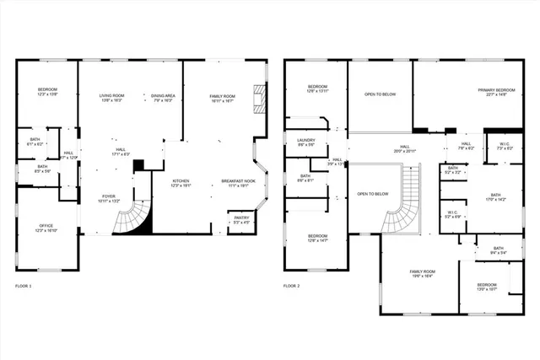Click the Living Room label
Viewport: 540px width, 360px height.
point(111,96)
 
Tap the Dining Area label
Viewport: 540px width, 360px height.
point(163,96)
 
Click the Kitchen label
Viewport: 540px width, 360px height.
point(181,181)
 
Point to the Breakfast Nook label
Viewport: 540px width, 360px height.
point(238,181)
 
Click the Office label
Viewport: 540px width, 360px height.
point(46,225)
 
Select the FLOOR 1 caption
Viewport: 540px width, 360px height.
point(24,287)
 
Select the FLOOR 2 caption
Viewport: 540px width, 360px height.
point(292,287)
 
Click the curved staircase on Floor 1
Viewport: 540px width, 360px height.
point(135,215)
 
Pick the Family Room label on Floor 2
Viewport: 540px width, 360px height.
point(422,271)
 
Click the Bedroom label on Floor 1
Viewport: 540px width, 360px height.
point(46,90)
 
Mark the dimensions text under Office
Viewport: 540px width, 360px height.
point(46,230)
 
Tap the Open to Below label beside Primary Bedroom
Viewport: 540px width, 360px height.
point(381,94)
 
